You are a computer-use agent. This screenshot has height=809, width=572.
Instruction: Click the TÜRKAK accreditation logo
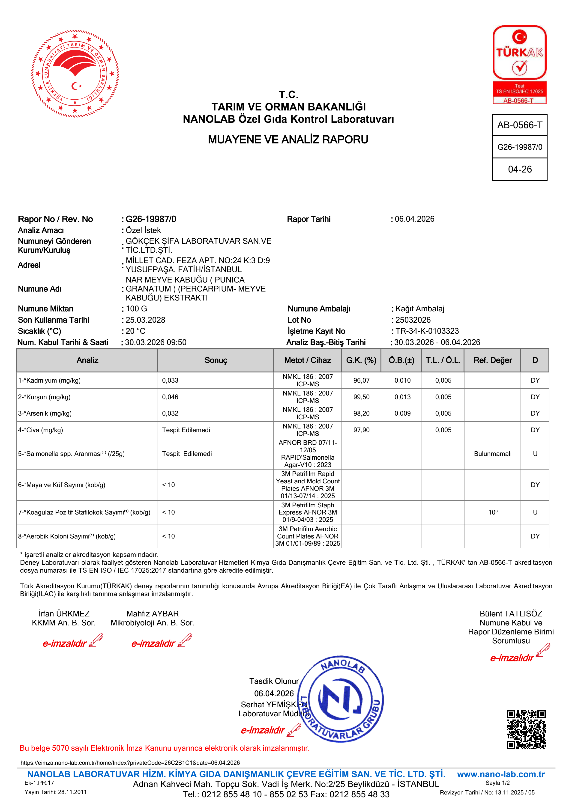519,65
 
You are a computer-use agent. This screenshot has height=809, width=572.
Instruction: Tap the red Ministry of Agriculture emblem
75,73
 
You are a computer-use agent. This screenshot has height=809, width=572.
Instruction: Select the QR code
526,729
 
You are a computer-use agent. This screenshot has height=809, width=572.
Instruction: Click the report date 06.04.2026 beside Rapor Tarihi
414,219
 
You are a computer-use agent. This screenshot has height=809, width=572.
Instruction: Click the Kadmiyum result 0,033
170,381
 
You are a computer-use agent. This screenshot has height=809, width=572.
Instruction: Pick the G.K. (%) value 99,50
361,397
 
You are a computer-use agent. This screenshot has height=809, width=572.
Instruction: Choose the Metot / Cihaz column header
307,360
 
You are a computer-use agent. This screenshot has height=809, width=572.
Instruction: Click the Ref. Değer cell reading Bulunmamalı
492,454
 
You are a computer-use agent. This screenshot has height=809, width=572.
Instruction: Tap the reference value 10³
493,512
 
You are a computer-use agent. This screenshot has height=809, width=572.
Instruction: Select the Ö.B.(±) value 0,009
402,414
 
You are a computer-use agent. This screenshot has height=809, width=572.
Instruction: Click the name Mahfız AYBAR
153,614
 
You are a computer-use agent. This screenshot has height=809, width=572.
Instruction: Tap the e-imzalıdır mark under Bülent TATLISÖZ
512,658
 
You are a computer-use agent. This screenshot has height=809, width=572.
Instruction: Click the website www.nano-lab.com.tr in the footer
501,774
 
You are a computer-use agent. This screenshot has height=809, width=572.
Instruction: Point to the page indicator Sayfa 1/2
497,783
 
